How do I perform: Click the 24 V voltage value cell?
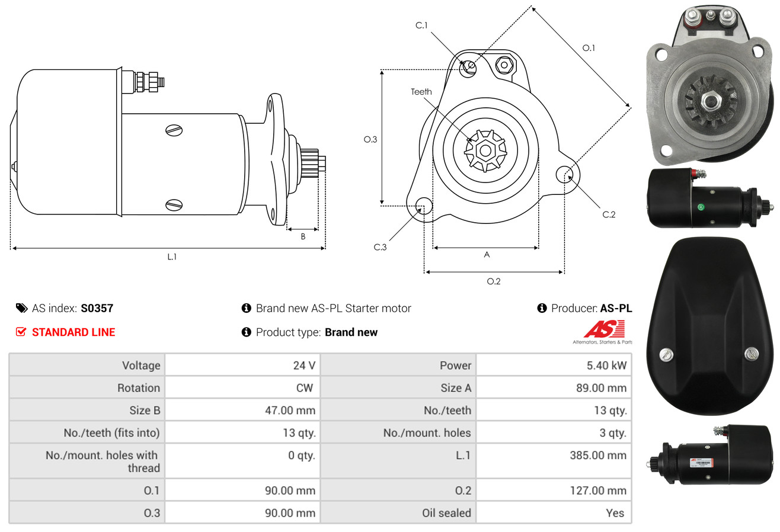tap(304, 366)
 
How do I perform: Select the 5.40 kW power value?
tap(606, 366)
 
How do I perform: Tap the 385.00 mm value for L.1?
tap(598, 455)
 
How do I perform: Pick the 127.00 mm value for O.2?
tap(598, 491)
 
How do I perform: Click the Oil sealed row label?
tap(446, 513)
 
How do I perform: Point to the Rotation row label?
tap(139, 388)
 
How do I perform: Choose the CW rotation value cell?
tap(304, 388)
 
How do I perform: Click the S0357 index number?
tap(97, 308)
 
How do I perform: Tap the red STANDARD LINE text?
tap(73, 332)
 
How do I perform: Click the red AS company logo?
tap(604, 329)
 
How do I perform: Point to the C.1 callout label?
tap(421, 25)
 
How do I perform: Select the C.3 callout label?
tap(380, 247)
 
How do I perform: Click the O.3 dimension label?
tap(370, 140)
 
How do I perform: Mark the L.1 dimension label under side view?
tap(172, 257)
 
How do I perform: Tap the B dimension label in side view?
tap(303, 236)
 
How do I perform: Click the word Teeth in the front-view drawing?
tap(421, 92)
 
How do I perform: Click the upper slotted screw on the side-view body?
tap(174, 130)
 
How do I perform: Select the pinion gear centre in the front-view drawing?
tap(485, 150)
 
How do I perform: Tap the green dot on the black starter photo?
tap(701, 207)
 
